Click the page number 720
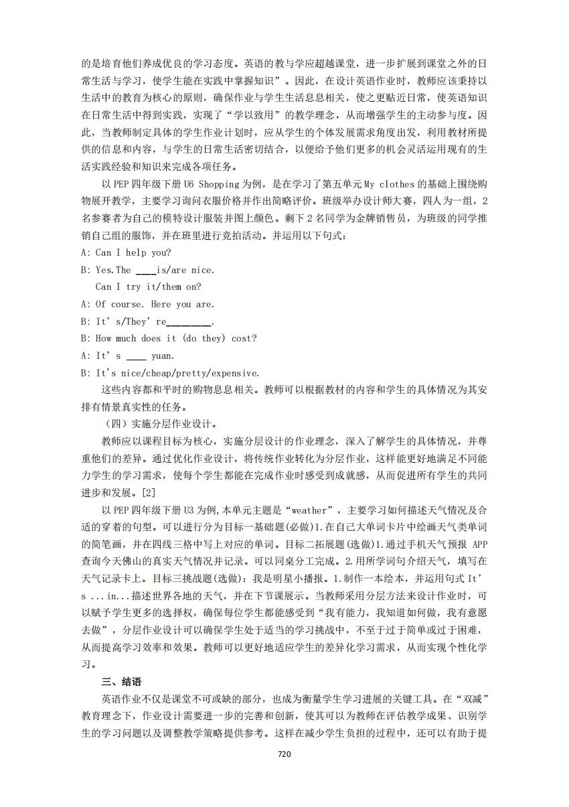(284, 753)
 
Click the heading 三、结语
(121, 681)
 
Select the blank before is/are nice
(145, 270)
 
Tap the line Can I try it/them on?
(148, 287)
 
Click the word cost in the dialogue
(244, 338)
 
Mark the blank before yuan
(136, 356)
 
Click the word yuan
(163, 356)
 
